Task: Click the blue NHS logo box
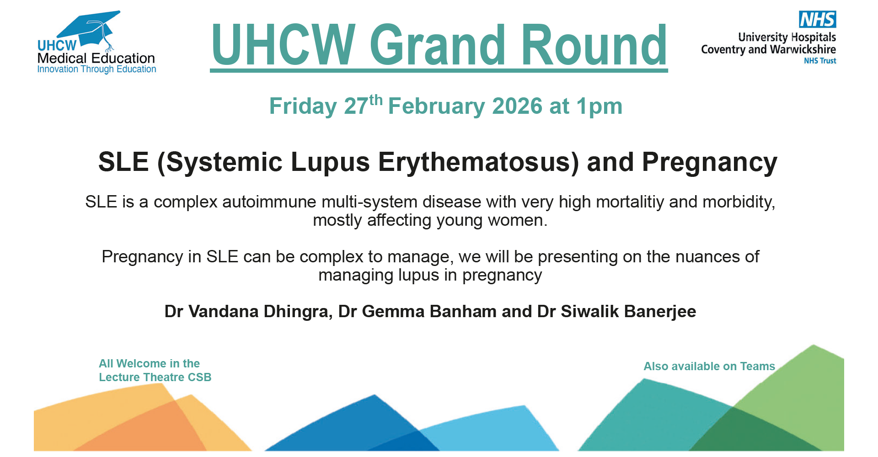pos(818,20)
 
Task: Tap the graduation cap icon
pos(90,29)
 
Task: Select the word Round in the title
pos(594,45)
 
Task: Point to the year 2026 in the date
pos(517,106)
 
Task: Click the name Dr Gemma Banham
pos(417,312)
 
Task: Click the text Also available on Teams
pos(709,367)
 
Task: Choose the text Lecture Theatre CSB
pos(155,377)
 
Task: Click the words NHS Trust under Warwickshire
pos(820,61)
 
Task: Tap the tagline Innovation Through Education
pos(96,69)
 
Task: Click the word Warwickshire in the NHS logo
pos(803,49)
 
